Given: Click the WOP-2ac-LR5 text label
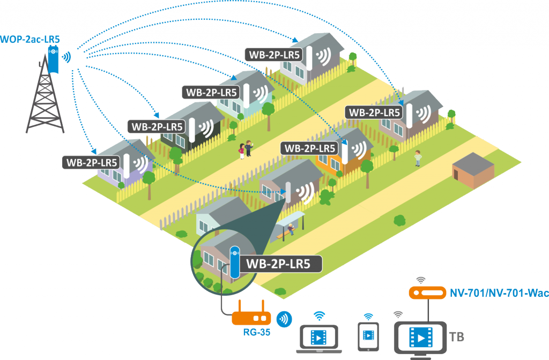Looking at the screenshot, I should [x=30, y=39].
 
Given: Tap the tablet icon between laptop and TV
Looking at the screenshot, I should [x=368, y=335].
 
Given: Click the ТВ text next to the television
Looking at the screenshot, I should [x=456, y=337].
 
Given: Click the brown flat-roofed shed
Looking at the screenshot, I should [x=473, y=170].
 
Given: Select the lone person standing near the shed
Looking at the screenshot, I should [x=418, y=157].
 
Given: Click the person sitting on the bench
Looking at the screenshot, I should [x=290, y=229].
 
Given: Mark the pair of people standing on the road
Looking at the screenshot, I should [x=245, y=150].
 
